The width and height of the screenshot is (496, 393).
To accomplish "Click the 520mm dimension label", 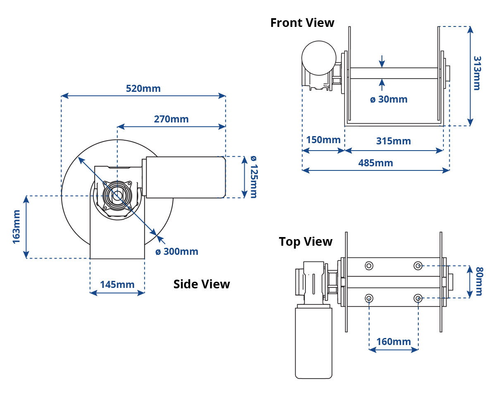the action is coord(143,89).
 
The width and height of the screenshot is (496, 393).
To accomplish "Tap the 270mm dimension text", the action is coord(171,119).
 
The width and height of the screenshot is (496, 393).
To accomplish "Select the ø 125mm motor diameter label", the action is coord(254,177).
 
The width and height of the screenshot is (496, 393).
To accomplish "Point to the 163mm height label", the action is coord(17,227).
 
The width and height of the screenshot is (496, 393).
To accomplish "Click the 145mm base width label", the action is coord(117,285).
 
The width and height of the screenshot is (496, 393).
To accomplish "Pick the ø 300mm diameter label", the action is coord(177,252).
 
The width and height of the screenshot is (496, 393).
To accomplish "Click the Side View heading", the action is coord(202,284).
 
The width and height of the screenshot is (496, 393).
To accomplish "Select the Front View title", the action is coord(302,23).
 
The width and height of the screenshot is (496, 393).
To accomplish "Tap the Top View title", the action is coord(305,242).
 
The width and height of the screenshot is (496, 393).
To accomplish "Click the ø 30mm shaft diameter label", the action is coord(389,99).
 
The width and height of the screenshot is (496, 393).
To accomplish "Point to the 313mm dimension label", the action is coord(477,73).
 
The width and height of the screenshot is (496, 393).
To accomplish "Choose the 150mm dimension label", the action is coord(323,140).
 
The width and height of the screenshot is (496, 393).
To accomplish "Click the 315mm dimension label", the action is coord(393,141).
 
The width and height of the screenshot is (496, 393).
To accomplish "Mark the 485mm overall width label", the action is coord(375,163).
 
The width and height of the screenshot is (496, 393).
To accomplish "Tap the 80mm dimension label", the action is coord(479,281).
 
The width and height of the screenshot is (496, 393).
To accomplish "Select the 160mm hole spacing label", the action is coord(393,342).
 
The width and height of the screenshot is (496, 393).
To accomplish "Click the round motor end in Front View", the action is coord(319,58).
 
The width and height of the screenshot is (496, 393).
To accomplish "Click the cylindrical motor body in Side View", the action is coord(186,177).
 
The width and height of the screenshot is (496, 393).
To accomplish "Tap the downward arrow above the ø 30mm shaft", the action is coord(382,61).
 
